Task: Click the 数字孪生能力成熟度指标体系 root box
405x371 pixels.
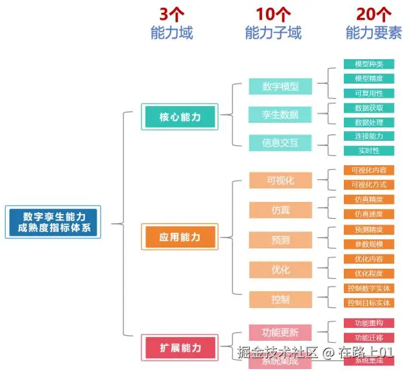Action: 54,222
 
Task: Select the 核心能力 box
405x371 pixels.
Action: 180,117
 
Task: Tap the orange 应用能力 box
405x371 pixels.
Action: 180,237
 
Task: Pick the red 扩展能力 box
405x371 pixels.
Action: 180,348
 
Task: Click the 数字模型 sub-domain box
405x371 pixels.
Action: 280,87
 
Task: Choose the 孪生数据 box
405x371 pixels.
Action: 280,114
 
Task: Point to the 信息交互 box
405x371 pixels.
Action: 280,142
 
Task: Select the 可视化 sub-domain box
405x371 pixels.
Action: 280,181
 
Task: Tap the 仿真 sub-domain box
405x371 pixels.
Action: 280,210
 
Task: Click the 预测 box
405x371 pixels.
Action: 280,240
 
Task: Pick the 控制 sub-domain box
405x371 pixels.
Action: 280,299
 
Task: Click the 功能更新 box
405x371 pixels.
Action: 280,332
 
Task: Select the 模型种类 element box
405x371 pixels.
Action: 368,64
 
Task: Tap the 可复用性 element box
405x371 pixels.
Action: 368,93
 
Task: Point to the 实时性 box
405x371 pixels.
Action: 368,150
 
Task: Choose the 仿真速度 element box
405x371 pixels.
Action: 368,214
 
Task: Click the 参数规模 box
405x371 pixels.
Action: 368,244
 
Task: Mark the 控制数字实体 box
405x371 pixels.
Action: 368,288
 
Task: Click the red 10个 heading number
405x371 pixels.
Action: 273,13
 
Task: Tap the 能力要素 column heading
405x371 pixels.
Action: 373,33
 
